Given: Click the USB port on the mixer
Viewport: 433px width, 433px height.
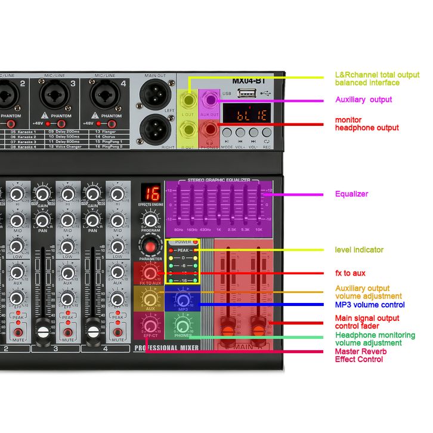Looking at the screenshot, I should click(x=245, y=93).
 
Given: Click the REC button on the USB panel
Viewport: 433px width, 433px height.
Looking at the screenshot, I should click(x=266, y=133).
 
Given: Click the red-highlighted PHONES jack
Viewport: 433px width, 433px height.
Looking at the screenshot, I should click(x=209, y=128).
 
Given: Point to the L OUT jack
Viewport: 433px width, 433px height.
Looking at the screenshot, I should click(x=188, y=98).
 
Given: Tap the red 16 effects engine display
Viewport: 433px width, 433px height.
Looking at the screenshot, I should click(x=150, y=194).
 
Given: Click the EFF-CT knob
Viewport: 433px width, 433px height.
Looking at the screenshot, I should click(x=150, y=325).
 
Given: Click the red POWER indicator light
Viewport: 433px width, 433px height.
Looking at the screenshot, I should click(x=196, y=242).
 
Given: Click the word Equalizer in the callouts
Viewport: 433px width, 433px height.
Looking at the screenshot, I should click(x=351, y=194).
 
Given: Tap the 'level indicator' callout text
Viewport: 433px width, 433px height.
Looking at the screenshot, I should click(x=359, y=249).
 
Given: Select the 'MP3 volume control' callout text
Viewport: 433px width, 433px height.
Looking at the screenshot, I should click(x=370, y=305).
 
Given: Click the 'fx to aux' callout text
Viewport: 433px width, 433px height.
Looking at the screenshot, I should click(x=350, y=273).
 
